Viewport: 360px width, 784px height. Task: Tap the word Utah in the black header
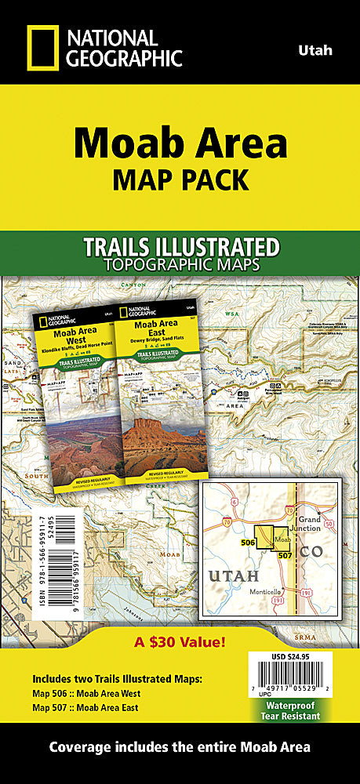[315, 50]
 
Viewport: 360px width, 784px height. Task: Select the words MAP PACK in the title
[180, 180]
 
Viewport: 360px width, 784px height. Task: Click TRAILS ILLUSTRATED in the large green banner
[181, 247]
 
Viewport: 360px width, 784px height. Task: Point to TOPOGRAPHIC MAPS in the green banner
[181, 265]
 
